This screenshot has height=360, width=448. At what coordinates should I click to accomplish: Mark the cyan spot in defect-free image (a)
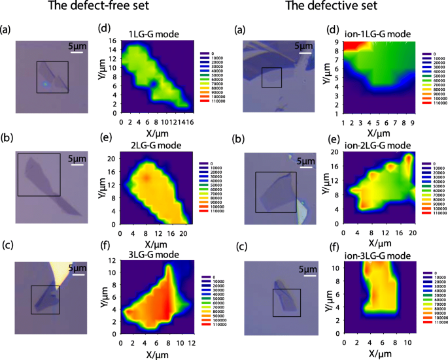point(44,84)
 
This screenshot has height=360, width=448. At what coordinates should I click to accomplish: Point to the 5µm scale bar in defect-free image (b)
point(77,165)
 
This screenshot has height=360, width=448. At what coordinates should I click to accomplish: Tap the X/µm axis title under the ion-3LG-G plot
point(379,354)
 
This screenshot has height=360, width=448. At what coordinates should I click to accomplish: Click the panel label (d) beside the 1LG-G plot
point(105,29)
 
